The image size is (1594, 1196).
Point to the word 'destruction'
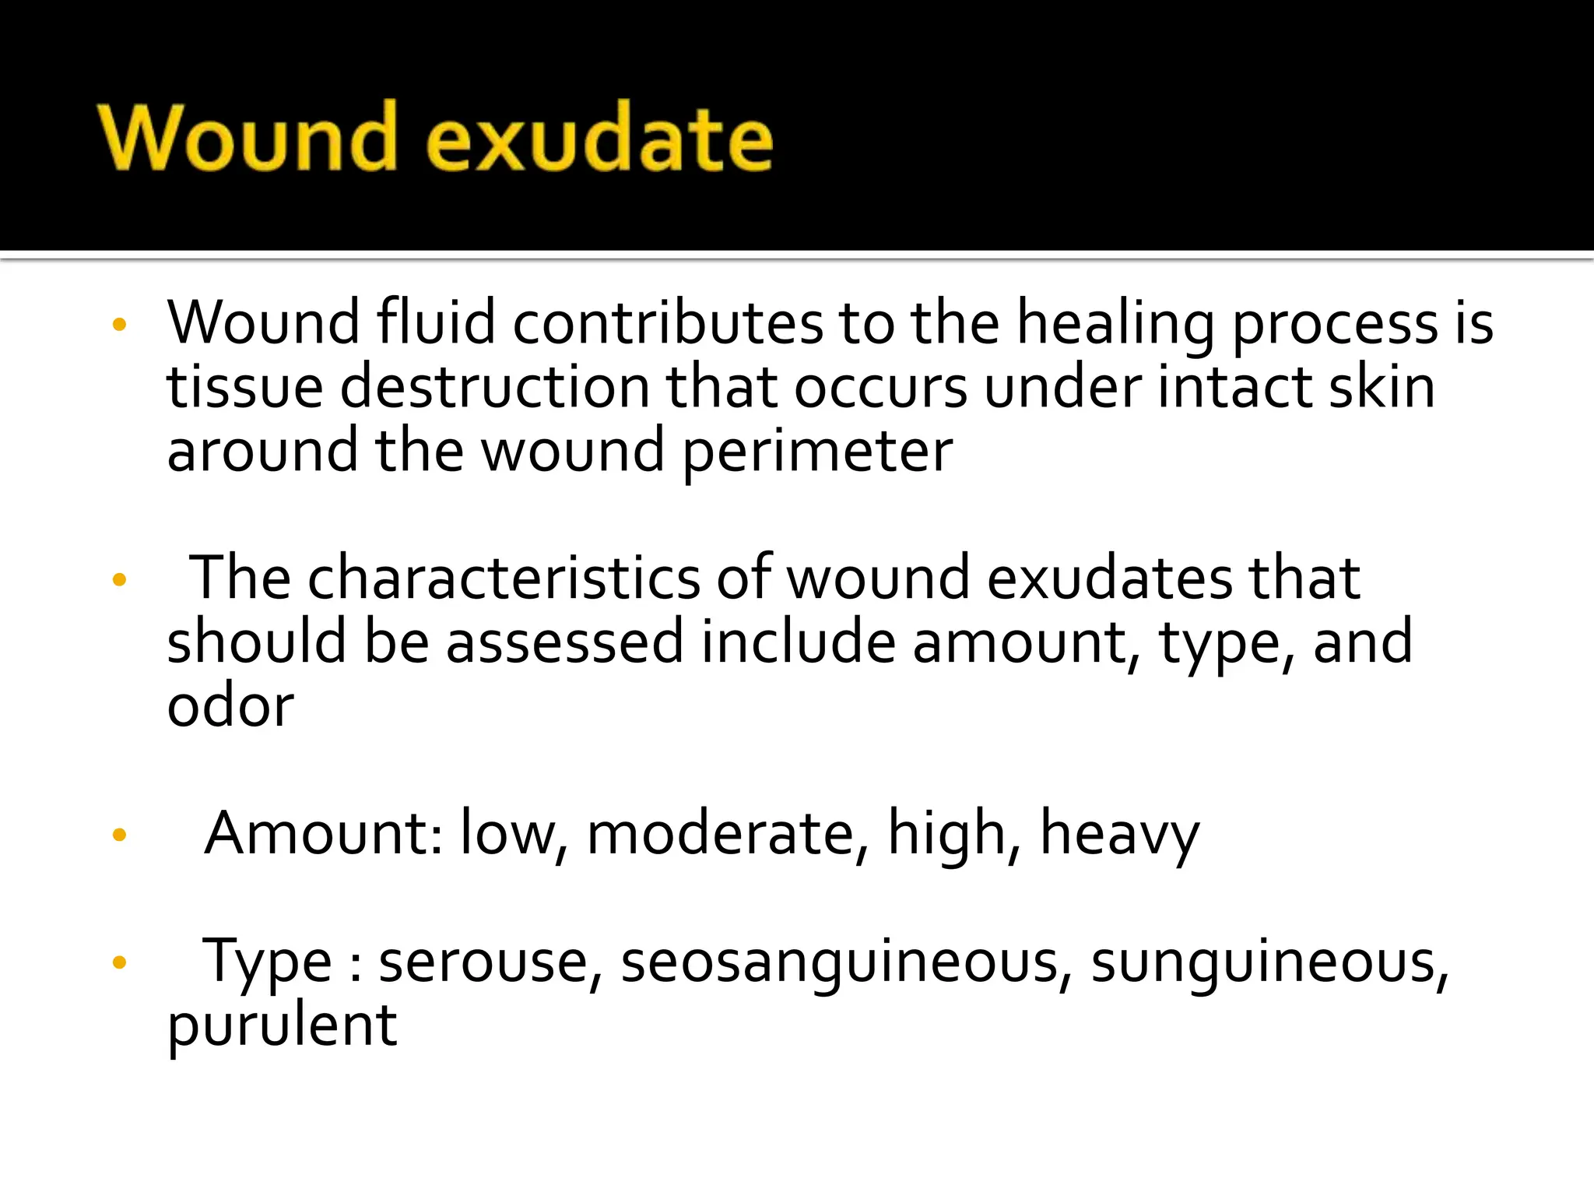click(495, 387)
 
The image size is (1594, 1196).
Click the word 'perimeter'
click(817, 452)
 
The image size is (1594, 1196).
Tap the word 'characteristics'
click(504, 578)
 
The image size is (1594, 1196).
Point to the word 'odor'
click(230, 705)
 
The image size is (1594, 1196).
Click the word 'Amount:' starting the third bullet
click(324, 833)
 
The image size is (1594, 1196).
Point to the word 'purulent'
click(282, 1026)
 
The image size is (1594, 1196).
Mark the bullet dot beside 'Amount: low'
click(119, 835)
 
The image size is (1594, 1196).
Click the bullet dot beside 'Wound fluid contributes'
click(118, 325)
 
